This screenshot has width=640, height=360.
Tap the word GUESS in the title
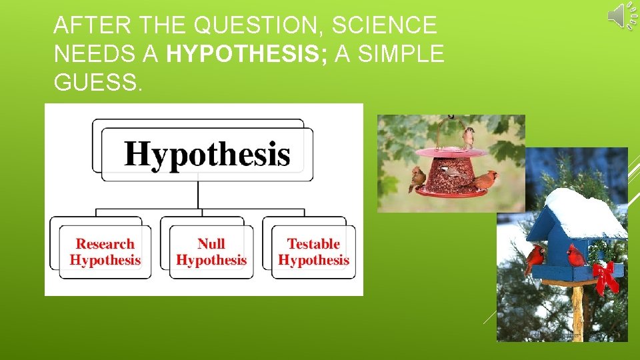click(97, 83)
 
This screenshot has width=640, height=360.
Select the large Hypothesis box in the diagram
click(207, 154)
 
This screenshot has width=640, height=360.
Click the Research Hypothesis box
click(105, 252)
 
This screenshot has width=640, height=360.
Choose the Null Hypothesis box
click(211, 252)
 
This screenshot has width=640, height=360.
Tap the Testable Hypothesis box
click(313, 252)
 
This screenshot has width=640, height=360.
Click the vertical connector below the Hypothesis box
click(198, 195)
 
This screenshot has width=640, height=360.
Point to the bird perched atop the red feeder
click(469, 137)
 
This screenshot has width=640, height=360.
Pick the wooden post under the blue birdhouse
click(577, 313)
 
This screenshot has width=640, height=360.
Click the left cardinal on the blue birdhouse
click(535, 256)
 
